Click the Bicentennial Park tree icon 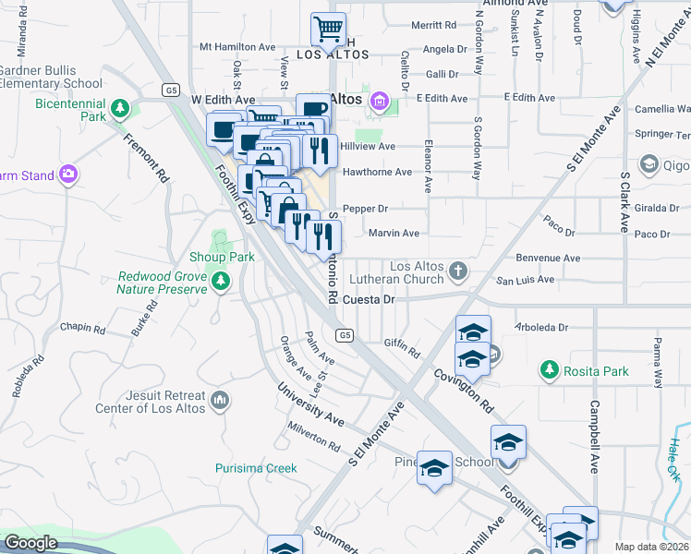[119, 110]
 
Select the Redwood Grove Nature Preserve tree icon [220, 280]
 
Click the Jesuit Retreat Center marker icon [219, 400]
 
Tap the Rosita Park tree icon [550, 370]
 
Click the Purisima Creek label [256, 468]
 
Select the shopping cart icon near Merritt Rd [328, 30]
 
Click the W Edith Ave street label [223, 99]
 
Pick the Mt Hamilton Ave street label [237, 46]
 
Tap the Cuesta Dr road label [369, 299]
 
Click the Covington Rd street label [464, 389]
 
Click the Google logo [30, 543]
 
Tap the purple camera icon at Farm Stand [67, 174]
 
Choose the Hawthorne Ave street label [377, 172]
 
